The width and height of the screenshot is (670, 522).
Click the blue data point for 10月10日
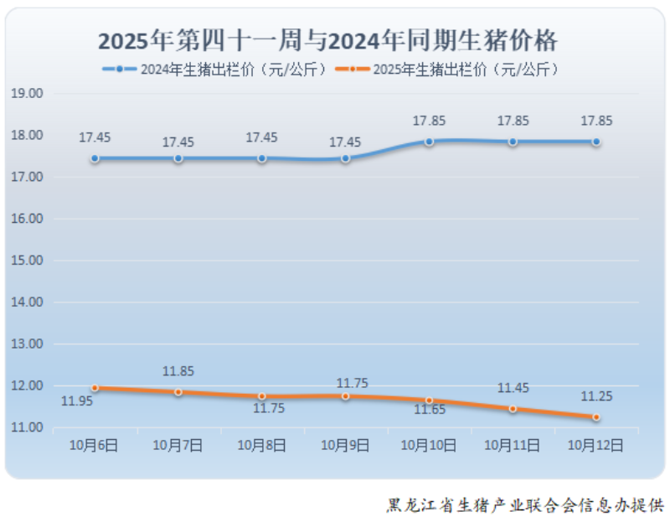[429, 142]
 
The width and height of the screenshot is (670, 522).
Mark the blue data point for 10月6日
[95, 158]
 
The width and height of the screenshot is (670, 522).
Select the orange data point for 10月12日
[596, 417]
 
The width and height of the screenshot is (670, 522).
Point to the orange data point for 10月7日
[178, 392]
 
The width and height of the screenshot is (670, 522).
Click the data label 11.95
[77, 401]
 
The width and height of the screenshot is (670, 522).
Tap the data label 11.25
[595, 397]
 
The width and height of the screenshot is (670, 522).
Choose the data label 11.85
[178, 372]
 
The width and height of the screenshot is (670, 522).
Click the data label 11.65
[429, 410]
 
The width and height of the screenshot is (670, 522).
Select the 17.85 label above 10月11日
[513, 121]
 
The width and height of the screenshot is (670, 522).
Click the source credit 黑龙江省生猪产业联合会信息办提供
[524, 506]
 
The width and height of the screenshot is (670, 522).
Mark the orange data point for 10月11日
[513, 409]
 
